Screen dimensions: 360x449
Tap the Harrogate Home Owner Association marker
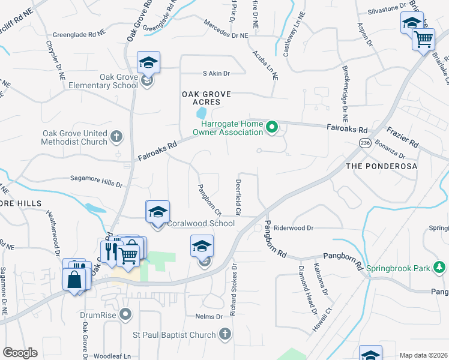[272, 127]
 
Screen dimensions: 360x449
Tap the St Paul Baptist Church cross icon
[224, 333]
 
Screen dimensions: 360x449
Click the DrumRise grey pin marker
[125, 314]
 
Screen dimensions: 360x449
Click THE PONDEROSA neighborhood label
[381, 165]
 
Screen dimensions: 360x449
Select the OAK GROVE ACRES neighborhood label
[206, 98]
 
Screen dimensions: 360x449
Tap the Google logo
[20, 353]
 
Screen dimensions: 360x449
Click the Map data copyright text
[423, 355]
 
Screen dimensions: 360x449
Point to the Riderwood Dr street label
[294, 228]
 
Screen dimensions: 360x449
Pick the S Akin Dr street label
[216, 73]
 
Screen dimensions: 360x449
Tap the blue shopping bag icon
[74, 280]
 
